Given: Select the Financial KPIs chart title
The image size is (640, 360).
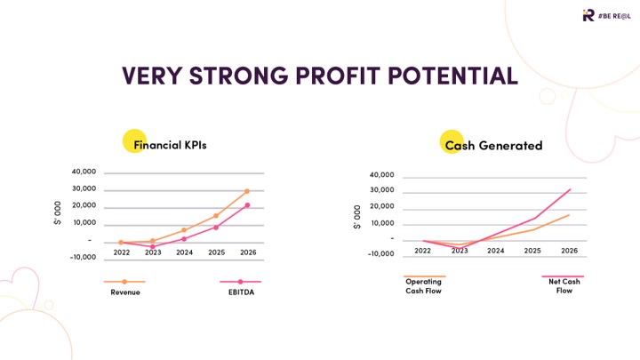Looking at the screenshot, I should pos(170,144).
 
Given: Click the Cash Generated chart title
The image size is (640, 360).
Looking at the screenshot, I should pos(493,145).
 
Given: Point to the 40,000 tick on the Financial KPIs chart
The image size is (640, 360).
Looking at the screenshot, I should pos(83,172).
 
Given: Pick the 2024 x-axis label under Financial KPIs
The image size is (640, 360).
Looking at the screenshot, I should pos(184,252).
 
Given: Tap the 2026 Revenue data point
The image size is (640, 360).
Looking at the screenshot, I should pos(247,191).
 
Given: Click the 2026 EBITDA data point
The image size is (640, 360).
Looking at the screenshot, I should pos(247,205).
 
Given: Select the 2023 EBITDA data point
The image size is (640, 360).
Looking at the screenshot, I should pos(153,246).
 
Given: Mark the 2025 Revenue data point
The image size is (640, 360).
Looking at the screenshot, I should pos(215,216).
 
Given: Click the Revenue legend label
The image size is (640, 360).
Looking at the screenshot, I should pos(125,292).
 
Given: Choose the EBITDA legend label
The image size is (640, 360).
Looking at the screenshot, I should pos(240,292).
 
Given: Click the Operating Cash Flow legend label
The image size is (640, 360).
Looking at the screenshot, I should pos(423,286).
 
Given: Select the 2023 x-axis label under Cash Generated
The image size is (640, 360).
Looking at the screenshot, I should pos(460,251).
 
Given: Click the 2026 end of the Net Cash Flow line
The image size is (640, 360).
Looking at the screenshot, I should pos(570,189).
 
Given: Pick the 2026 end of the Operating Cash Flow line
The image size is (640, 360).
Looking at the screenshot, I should pos(569,215).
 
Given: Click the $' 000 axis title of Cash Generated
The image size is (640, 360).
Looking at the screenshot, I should pos(357,216).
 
